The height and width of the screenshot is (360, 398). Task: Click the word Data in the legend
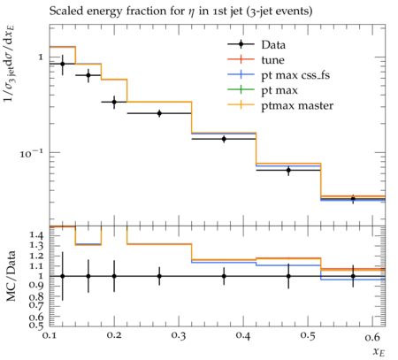(273, 45)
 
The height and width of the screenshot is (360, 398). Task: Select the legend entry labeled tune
(272, 60)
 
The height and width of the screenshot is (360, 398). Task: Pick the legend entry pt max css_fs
(295, 75)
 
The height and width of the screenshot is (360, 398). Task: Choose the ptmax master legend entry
(297, 105)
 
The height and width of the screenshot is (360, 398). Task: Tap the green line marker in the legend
(241, 89)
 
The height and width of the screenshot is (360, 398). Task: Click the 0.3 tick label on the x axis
(179, 336)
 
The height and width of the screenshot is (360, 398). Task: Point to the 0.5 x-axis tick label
(308, 336)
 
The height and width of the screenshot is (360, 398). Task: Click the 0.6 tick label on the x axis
(372, 336)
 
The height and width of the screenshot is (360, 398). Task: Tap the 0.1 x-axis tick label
(50, 336)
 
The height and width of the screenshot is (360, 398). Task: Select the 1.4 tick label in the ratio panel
(36, 235)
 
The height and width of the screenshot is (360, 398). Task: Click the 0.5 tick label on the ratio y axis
(36, 325)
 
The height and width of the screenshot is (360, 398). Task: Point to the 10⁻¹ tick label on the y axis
(32, 153)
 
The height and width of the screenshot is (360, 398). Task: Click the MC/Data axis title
(11, 276)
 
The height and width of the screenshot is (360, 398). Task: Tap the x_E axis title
(379, 351)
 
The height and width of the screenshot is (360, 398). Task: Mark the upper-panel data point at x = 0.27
(159, 113)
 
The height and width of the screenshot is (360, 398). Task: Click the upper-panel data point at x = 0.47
(288, 170)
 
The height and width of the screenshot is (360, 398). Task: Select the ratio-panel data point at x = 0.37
(224, 276)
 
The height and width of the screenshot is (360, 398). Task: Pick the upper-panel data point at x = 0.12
(62, 64)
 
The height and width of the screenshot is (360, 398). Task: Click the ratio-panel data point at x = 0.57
(353, 276)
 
